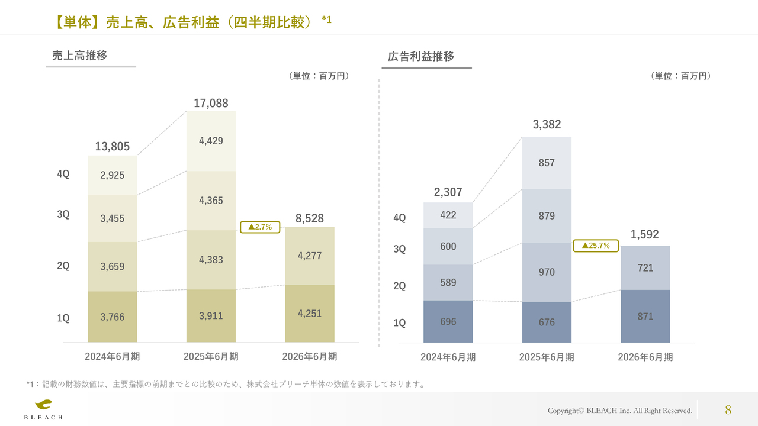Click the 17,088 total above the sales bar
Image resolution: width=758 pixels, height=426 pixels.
[x=211, y=104]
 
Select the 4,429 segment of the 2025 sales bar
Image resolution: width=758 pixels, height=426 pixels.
[x=211, y=141]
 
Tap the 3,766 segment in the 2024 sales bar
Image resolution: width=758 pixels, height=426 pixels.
[x=113, y=317]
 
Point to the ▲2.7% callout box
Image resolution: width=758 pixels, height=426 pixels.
[x=260, y=227]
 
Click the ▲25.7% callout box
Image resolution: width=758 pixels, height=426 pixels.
[x=596, y=246]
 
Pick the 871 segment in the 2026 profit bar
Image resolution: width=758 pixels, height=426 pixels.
[x=645, y=317]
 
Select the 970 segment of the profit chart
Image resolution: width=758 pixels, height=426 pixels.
[x=547, y=272]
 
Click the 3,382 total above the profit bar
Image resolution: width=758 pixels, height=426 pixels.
[x=547, y=125]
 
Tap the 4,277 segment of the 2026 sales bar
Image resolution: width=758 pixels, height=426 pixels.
[x=310, y=256]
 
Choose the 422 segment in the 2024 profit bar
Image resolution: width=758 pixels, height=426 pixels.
[x=448, y=215]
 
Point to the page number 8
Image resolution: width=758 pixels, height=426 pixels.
[x=728, y=410]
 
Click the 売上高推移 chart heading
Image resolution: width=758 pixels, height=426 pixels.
[x=79, y=56]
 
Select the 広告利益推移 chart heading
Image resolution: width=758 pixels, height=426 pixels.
[x=421, y=57]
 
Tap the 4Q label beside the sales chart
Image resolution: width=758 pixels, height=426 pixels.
[x=63, y=174]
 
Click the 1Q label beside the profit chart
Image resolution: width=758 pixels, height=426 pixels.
[x=400, y=323]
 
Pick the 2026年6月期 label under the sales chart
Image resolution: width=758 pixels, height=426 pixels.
[x=310, y=357]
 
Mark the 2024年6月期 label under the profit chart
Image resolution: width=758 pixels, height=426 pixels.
[x=448, y=357]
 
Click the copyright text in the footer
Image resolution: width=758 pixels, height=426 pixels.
[x=619, y=411]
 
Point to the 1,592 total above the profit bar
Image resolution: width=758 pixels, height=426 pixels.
[x=645, y=234]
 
